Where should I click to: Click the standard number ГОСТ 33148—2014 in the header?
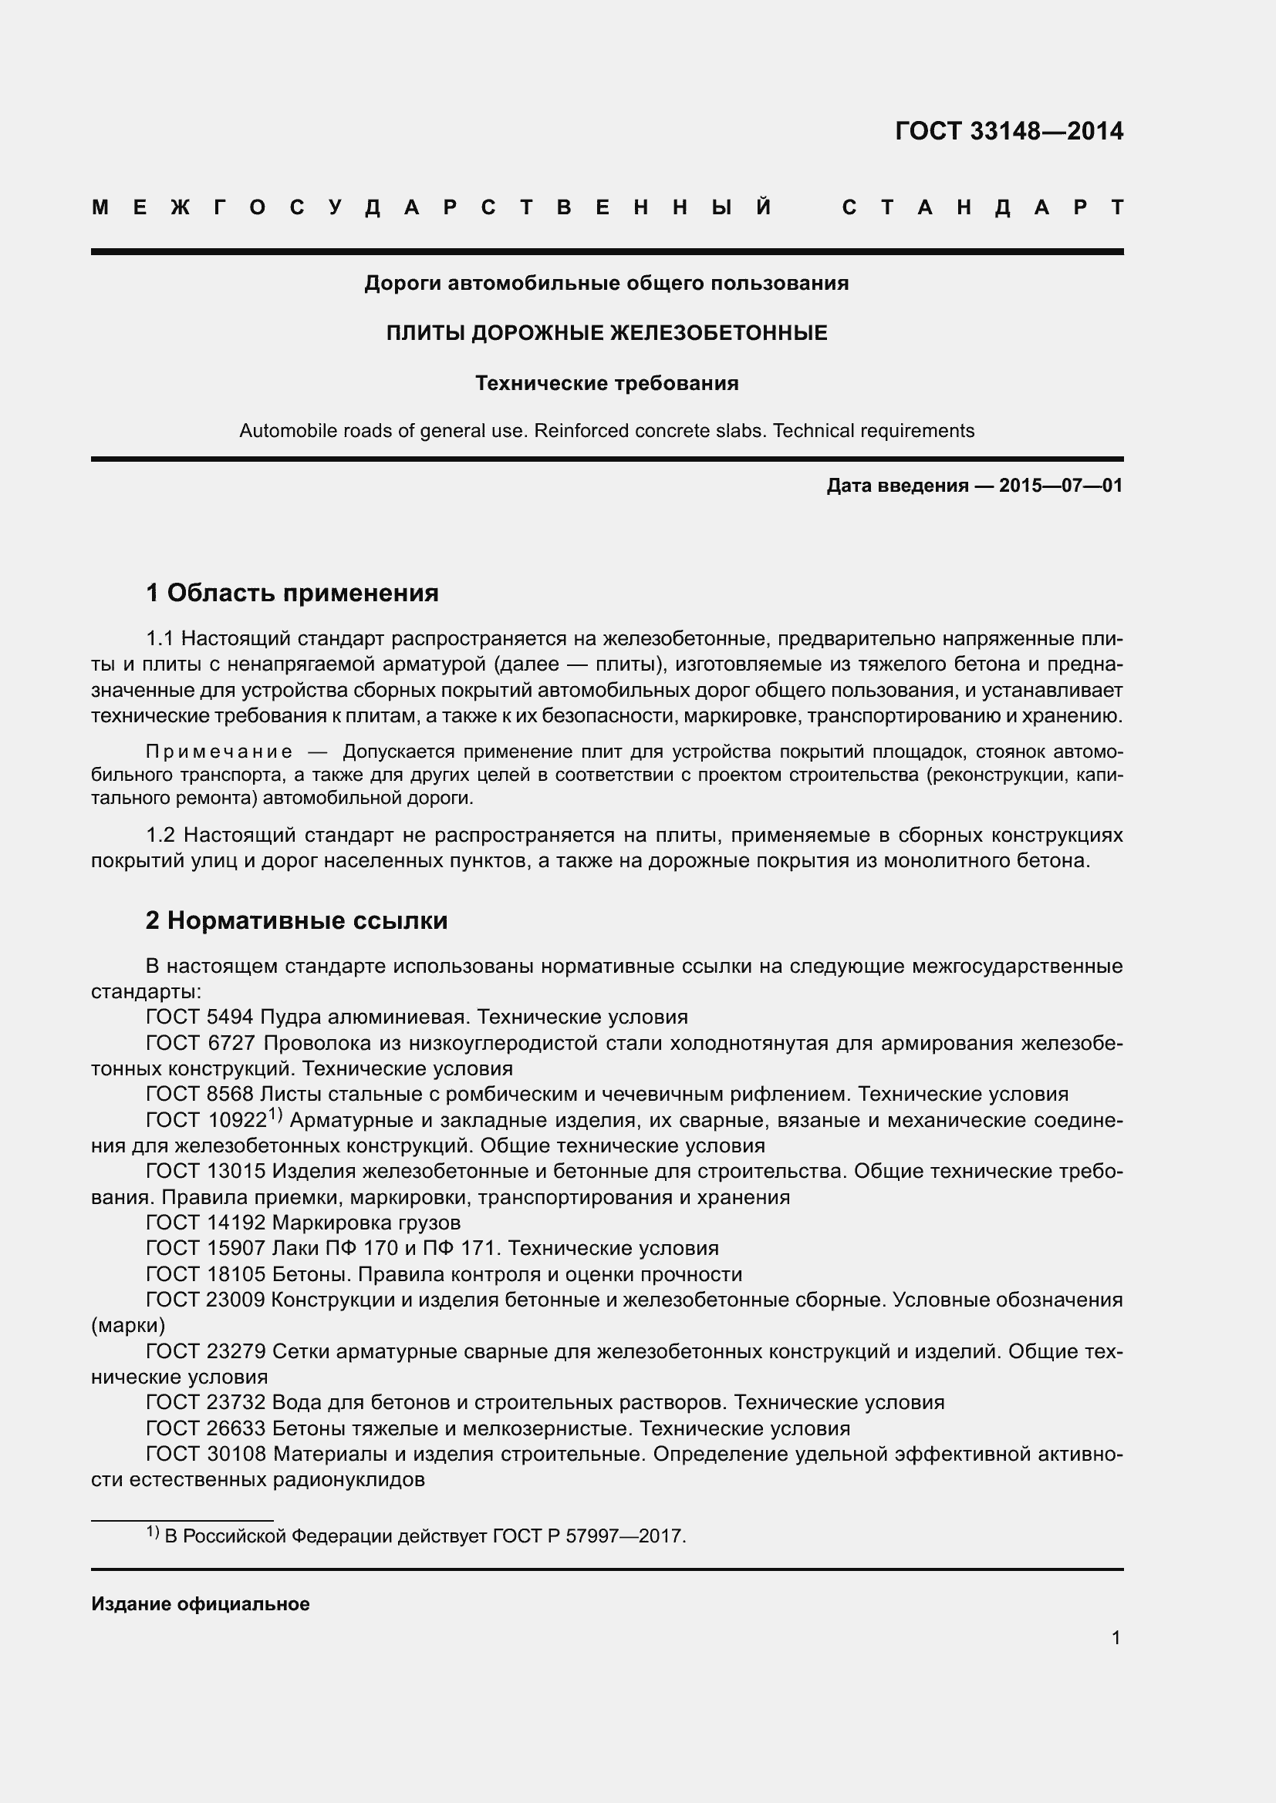(x=1009, y=131)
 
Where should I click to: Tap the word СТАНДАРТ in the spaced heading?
(x=982, y=208)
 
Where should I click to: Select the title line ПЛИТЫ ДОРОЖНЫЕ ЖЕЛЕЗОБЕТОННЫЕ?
(x=606, y=333)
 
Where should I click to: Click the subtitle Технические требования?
(x=606, y=383)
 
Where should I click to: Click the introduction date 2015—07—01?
(x=1060, y=486)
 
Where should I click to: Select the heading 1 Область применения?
(x=292, y=592)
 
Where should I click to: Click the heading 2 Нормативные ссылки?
(x=296, y=920)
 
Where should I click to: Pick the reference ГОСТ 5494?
(x=200, y=1017)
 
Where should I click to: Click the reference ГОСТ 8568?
(x=200, y=1094)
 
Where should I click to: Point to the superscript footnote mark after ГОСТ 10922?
(x=275, y=1115)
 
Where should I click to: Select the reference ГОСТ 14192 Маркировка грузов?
(x=303, y=1222)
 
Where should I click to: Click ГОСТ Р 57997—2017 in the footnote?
(x=589, y=1536)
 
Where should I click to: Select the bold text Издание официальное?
(x=201, y=1604)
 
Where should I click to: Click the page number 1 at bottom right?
(x=1116, y=1638)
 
